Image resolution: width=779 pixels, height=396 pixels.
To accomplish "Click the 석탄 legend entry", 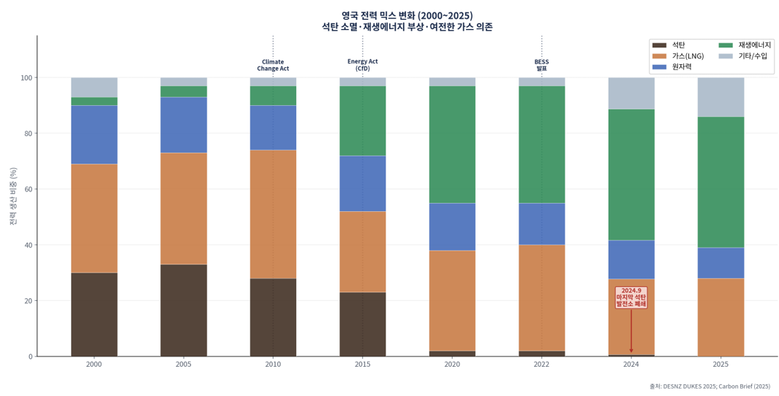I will point(678,45).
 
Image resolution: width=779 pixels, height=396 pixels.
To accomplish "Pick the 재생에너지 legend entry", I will point(754,45).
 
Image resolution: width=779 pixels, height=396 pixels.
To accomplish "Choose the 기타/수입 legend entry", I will point(752,56).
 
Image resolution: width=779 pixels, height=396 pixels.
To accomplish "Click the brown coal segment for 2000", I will point(94,314).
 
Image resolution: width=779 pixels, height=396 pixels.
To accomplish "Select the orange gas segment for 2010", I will point(273,214).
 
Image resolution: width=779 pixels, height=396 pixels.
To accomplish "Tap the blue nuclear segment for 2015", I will point(363,183).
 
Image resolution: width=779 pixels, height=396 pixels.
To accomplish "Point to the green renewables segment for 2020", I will point(452,145).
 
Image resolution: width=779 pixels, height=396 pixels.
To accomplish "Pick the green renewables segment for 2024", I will point(631,175).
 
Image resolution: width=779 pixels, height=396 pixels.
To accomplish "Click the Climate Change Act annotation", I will point(273,65).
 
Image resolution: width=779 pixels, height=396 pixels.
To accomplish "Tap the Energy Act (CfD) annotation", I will point(363,65).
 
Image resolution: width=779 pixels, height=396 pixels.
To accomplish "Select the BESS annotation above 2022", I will point(541,65).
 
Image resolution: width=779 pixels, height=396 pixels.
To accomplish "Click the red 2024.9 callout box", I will point(631,297).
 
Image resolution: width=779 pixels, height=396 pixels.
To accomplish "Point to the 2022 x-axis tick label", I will point(541,364).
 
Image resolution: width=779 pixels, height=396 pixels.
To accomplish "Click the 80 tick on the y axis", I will point(26,134).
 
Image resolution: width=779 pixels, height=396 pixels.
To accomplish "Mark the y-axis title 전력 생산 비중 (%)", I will point(13,196).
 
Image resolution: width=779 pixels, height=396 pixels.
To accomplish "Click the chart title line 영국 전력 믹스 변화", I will point(407,15).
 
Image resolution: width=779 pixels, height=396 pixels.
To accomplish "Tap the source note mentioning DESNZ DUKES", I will point(710,387).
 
